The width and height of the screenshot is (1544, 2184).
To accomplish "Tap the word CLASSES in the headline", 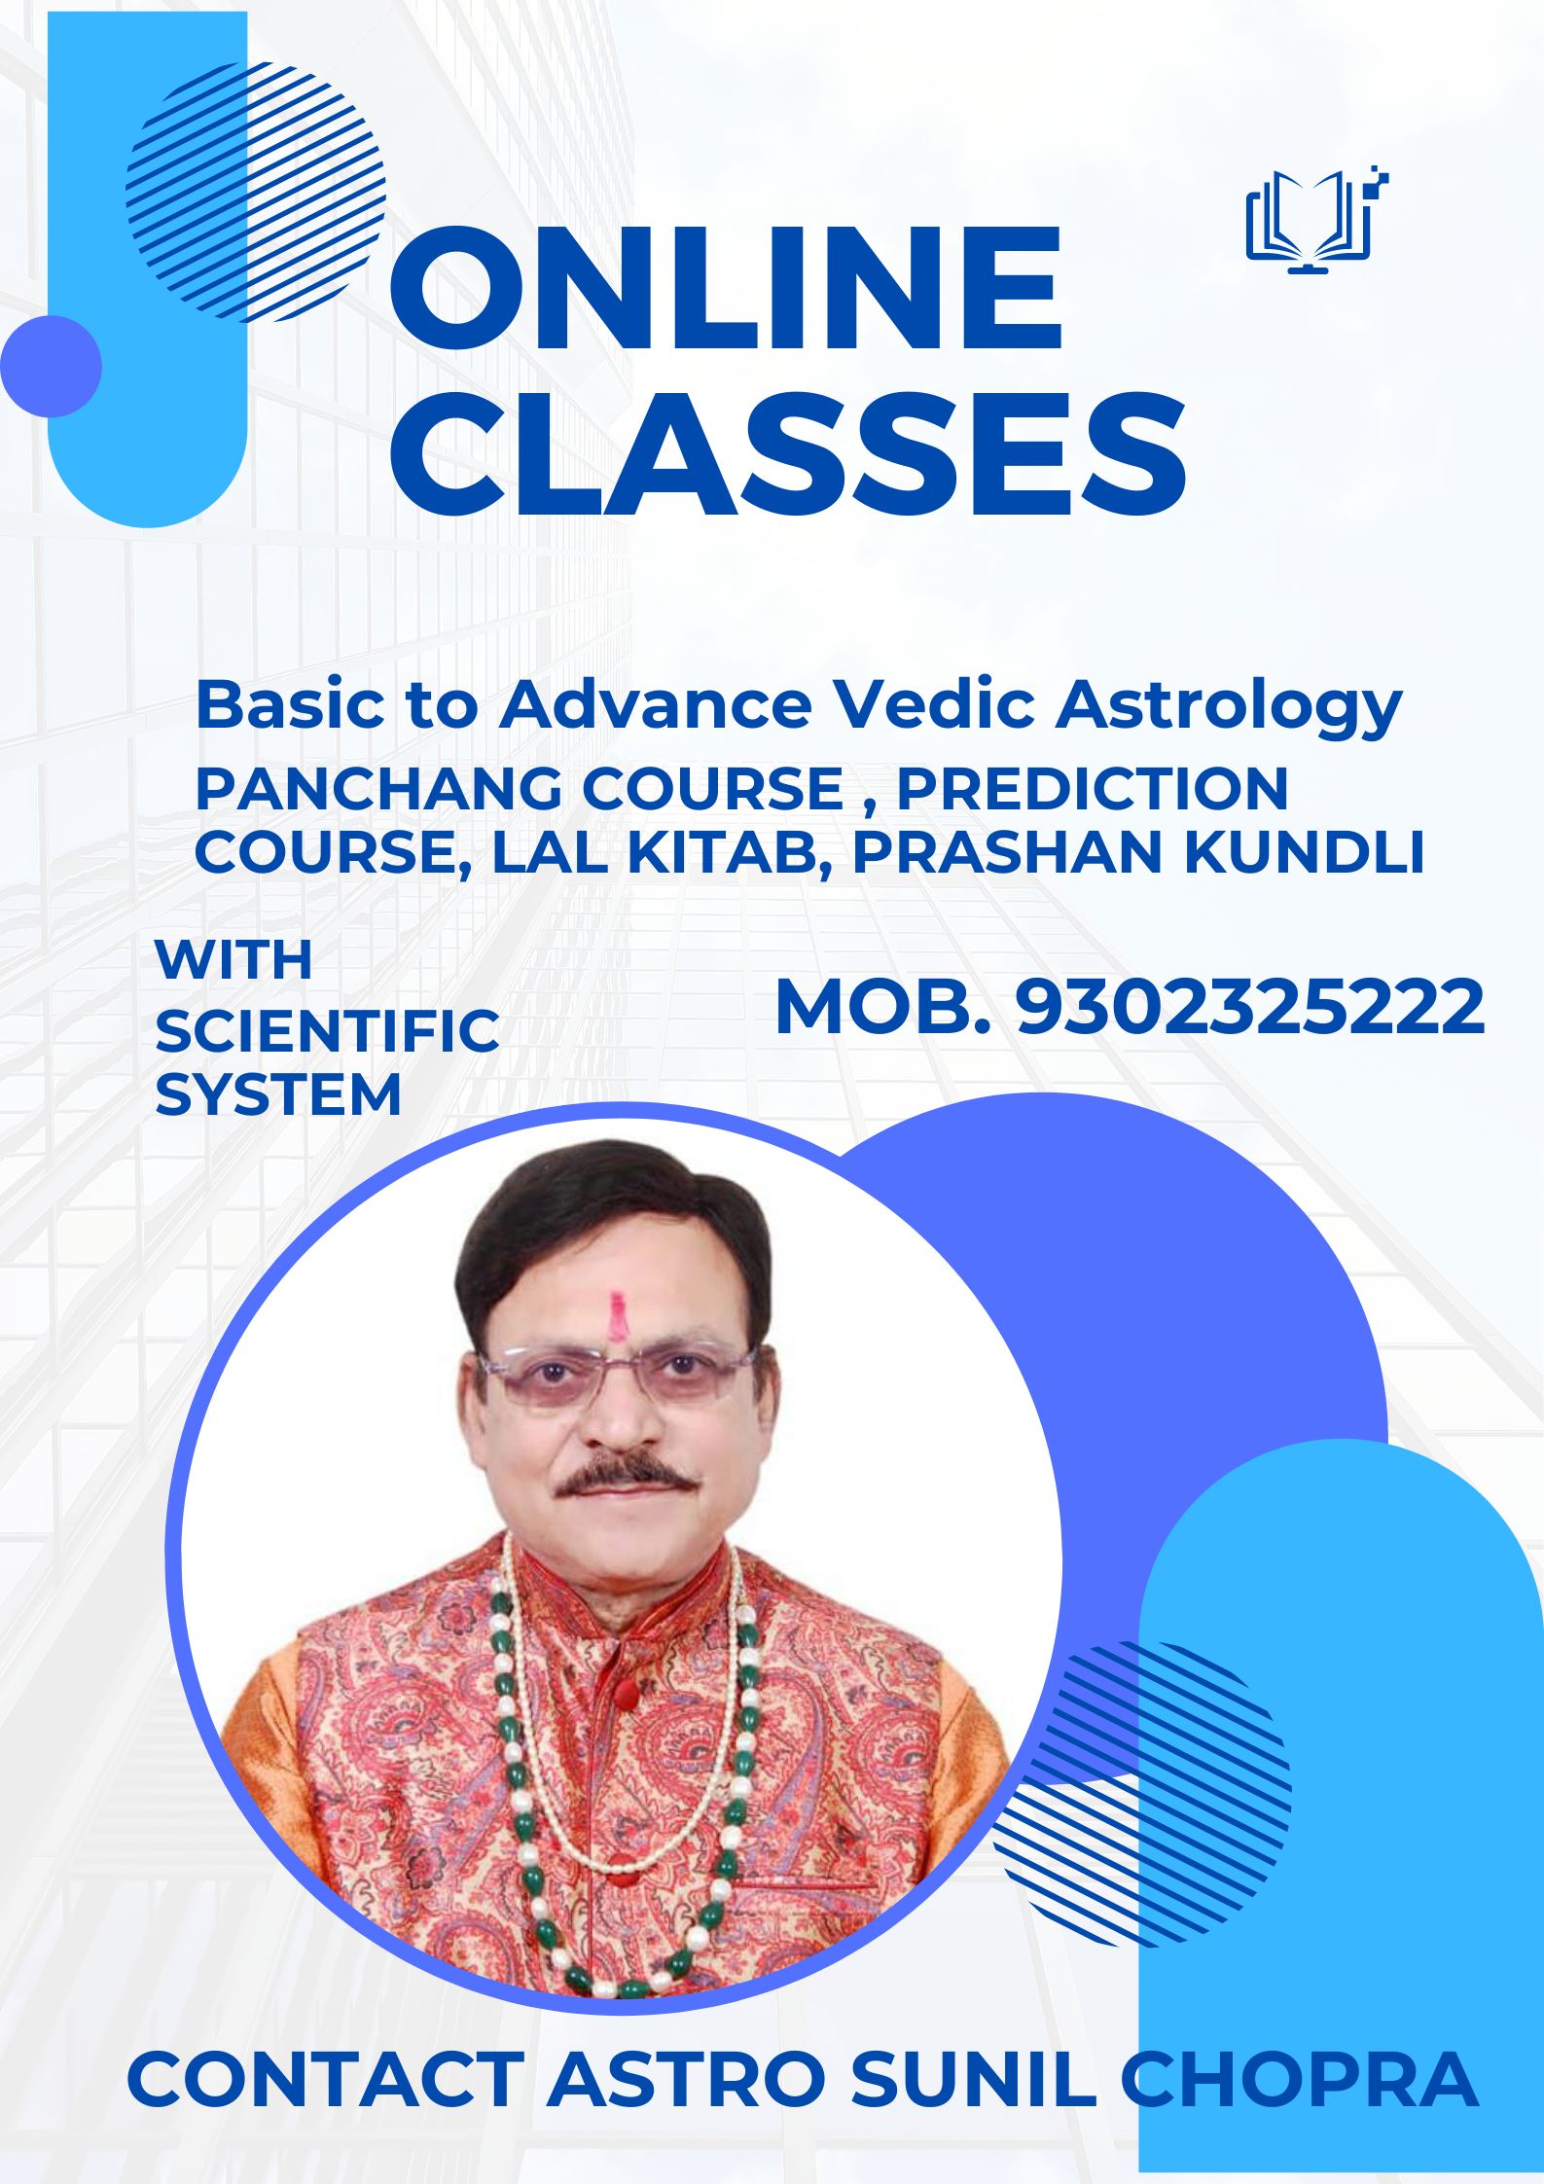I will point(788,454).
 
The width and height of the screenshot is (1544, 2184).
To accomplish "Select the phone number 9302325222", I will point(1250,1007).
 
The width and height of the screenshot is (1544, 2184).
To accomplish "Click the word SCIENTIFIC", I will point(327,1031).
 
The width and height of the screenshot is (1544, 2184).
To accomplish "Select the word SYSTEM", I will point(278,1094).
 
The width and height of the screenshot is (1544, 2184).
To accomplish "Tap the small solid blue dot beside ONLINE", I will point(51,366).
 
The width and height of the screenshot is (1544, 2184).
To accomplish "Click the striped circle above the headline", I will point(256,191).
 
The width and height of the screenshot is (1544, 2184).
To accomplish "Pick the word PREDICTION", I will point(1092,788).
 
